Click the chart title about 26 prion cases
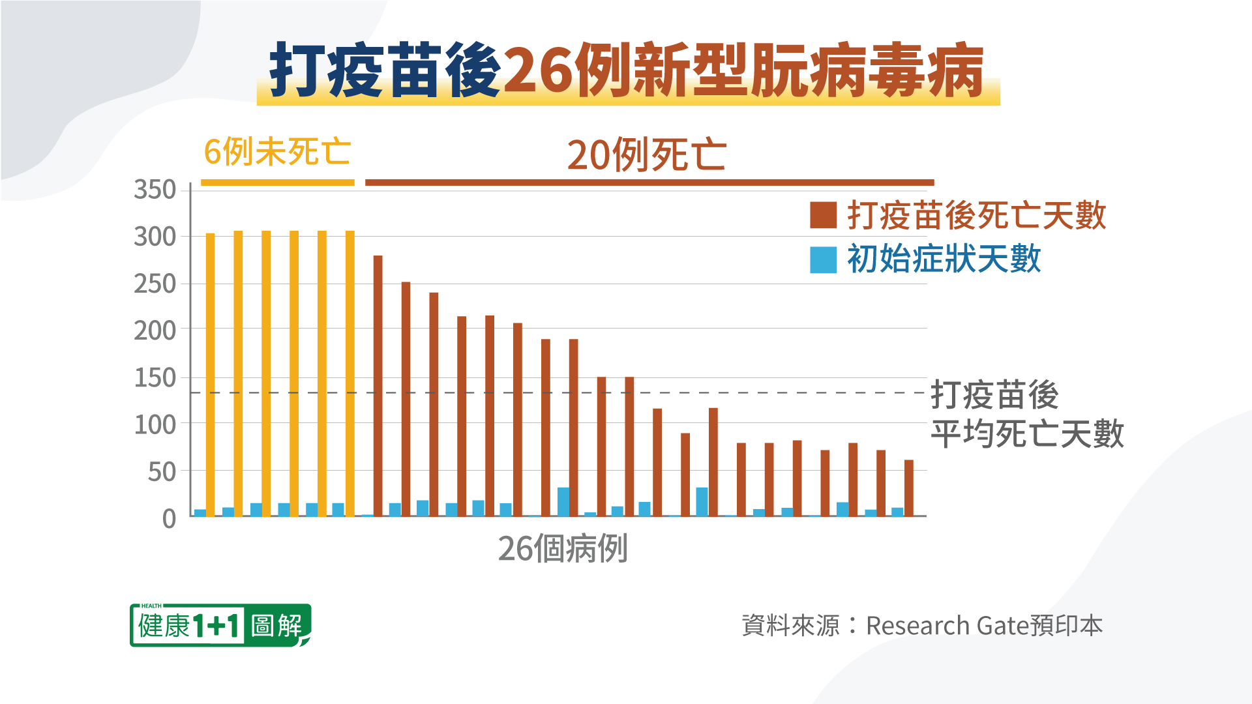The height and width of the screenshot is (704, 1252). pyautogui.click(x=627, y=70)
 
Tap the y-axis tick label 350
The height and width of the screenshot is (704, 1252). pyautogui.click(x=155, y=190)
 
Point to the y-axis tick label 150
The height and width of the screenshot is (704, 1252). pyautogui.click(x=155, y=378)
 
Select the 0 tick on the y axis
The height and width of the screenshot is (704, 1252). pyautogui.click(x=169, y=519)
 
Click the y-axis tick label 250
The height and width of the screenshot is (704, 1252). pyautogui.click(x=155, y=284)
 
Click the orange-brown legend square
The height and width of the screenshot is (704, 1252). pyautogui.click(x=823, y=215)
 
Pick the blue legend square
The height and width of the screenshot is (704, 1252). pyautogui.click(x=823, y=259)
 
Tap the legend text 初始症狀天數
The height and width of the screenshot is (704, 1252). pyautogui.click(x=944, y=259)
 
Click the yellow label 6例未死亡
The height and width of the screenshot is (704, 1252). pyautogui.click(x=277, y=152)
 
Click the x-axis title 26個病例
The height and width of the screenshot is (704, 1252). pyautogui.click(x=563, y=549)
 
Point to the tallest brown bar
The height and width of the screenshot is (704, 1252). pyautogui.click(x=378, y=386)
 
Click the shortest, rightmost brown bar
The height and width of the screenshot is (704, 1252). pyautogui.click(x=909, y=488)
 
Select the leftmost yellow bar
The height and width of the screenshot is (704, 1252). pyautogui.click(x=211, y=375)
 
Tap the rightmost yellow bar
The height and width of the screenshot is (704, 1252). pyautogui.click(x=350, y=374)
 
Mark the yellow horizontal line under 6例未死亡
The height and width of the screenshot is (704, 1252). pyautogui.click(x=277, y=183)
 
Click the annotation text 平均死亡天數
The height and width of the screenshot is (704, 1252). pyautogui.click(x=1027, y=434)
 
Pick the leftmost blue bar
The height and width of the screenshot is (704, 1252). pyautogui.click(x=200, y=513)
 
